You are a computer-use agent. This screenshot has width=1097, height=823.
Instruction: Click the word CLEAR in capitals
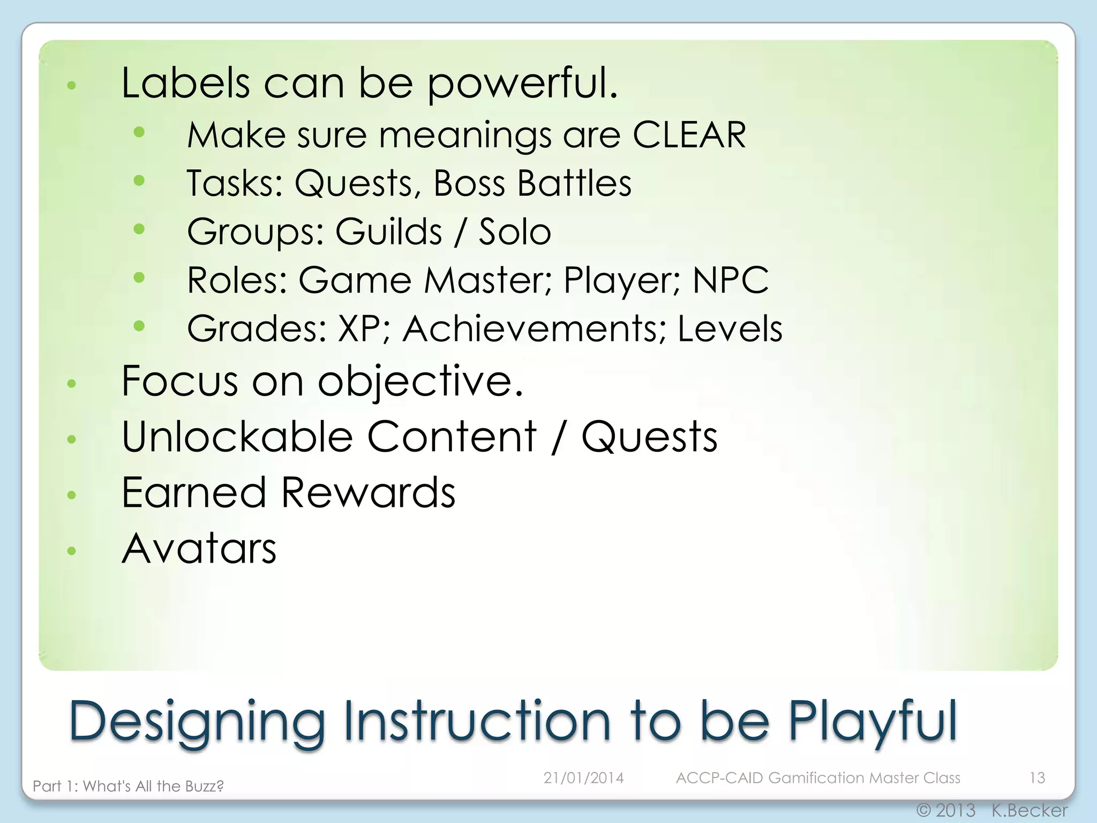pos(689,135)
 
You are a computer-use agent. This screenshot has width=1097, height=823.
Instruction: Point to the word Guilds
pos(388,232)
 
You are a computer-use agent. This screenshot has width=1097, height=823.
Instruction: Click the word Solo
pos(514,232)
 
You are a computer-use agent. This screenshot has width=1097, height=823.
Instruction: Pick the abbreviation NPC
pos(730,280)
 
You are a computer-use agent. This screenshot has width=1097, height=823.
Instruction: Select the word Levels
pos(730,328)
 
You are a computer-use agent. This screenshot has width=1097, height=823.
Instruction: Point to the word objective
pos(420,381)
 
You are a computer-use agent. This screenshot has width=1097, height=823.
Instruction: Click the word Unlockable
pos(237,437)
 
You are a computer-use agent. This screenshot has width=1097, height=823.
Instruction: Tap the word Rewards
pos(368,492)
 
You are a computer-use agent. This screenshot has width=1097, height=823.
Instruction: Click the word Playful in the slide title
pos(872,721)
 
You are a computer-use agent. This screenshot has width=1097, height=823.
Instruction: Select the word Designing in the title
pos(197,721)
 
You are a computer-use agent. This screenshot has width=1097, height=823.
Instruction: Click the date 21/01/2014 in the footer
pos(583,777)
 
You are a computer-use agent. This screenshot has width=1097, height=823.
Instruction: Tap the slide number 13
pos(1037,777)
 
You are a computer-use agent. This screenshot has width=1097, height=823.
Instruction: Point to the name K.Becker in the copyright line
pos(1029,810)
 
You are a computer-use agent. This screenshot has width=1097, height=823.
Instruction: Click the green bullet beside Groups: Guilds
pos(139,229)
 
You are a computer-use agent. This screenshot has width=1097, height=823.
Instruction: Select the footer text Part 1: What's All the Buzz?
pos(128,786)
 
